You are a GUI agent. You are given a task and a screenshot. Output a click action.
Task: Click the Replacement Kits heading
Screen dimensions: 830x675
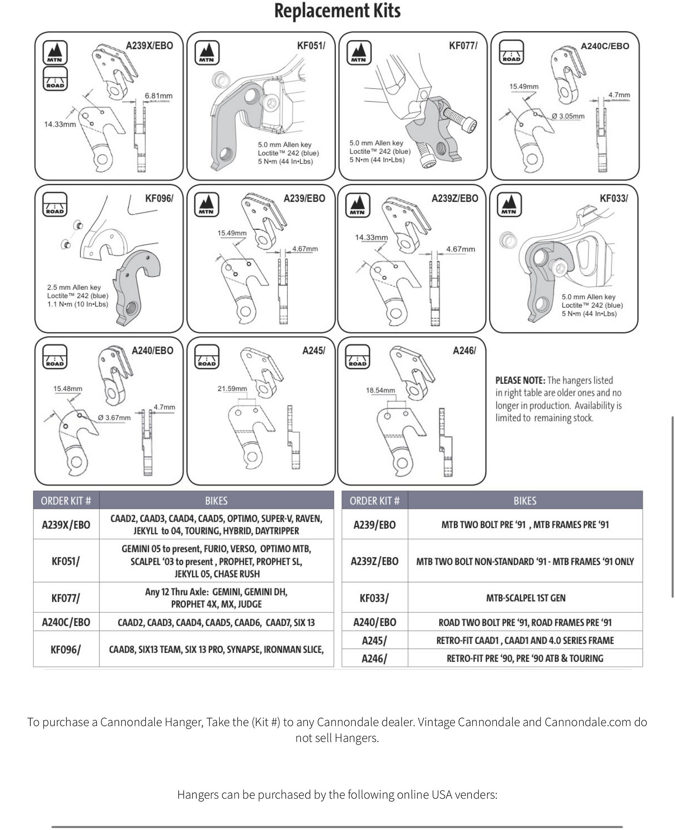pyautogui.click(x=337, y=11)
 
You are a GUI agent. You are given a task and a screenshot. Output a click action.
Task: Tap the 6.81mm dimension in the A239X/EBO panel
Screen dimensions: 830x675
pyautogui.click(x=158, y=96)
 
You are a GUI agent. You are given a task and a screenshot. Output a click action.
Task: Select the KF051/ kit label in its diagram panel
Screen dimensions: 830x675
pyautogui.click(x=311, y=46)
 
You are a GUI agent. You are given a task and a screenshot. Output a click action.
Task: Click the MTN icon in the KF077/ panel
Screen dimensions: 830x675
pyautogui.click(x=359, y=52)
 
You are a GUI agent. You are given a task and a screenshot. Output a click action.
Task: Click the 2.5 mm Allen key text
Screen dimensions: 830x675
pyautogui.click(x=74, y=287)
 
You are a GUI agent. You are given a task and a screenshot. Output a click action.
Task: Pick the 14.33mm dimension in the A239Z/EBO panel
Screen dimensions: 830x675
pyautogui.click(x=371, y=237)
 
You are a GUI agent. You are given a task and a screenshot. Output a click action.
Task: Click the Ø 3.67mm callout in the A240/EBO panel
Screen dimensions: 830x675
pyautogui.click(x=114, y=417)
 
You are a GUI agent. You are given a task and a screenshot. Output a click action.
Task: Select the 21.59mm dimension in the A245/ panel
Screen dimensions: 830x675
pyautogui.click(x=232, y=388)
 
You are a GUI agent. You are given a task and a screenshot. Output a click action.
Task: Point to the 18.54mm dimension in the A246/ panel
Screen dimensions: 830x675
pyautogui.click(x=380, y=390)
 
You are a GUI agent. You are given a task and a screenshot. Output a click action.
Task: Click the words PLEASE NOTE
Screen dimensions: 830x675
pyautogui.click(x=520, y=380)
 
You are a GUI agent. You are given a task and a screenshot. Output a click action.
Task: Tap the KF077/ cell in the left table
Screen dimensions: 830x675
pyautogui.click(x=66, y=598)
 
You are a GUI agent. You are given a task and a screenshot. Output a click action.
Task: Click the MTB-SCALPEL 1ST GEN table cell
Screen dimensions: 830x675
pyautogui.click(x=525, y=598)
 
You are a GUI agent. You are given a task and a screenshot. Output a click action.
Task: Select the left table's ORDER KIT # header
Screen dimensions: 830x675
pyautogui.click(x=66, y=501)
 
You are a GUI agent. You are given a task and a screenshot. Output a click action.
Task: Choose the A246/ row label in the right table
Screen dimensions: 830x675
pyautogui.click(x=374, y=658)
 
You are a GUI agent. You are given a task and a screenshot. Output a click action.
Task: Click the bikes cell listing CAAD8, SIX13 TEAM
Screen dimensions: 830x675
pyautogui.click(x=216, y=649)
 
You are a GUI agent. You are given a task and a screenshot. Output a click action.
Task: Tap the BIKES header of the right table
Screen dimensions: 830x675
pyautogui.click(x=525, y=501)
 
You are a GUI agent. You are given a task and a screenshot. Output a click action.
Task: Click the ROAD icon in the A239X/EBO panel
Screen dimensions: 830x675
pyautogui.click(x=55, y=79)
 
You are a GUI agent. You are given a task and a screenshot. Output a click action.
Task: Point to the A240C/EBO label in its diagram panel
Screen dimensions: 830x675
pyautogui.click(x=605, y=46)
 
